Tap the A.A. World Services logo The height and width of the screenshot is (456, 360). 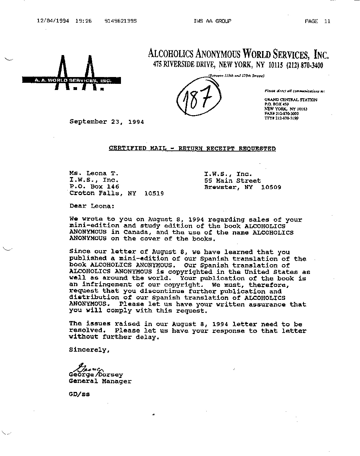[72, 76]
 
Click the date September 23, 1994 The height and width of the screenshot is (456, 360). [107, 122]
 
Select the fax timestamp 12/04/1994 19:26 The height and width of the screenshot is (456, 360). [64, 21]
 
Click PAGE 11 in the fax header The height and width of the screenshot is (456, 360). [317, 21]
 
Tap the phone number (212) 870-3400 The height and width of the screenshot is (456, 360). [305, 65]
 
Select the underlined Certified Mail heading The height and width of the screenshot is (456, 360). [192, 148]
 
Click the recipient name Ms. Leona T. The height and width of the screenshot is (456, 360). [94, 173]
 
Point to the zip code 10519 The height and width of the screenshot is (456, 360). [154, 193]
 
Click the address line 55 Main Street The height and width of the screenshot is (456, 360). [232, 180]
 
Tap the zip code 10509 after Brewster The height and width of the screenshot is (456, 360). [271, 187]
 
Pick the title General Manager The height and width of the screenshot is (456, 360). [100, 381]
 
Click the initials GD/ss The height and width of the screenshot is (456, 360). [79, 394]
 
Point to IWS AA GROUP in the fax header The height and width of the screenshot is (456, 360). [212, 21]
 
